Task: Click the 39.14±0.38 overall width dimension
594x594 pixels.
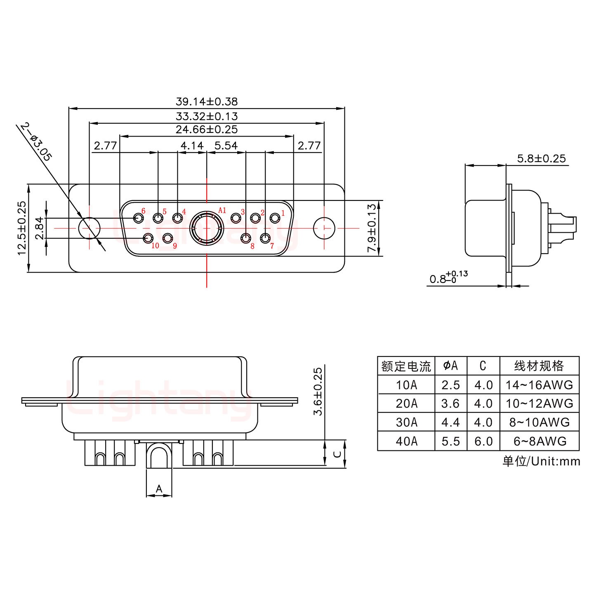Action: coord(207,101)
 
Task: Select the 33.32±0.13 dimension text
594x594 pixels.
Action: coord(207,116)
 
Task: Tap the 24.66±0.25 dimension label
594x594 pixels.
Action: coord(207,130)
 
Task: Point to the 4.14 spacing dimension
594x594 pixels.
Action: coord(192,146)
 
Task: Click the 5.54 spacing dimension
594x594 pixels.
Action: coord(226,146)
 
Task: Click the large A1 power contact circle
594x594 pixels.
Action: coord(206,228)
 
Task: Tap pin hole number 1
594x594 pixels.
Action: coord(275,217)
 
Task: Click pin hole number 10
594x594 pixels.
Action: coord(148,238)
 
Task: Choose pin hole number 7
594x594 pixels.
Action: coord(265,238)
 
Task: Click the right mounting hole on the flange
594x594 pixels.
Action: coord(324,228)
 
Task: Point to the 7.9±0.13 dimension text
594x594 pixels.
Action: coord(372,228)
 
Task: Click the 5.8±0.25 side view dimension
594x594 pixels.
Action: coord(541,158)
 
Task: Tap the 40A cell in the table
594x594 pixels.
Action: coord(406,441)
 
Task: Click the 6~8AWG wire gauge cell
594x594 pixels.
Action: coord(540,441)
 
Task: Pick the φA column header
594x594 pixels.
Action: coord(450,365)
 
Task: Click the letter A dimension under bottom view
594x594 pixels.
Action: coord(159,489)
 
